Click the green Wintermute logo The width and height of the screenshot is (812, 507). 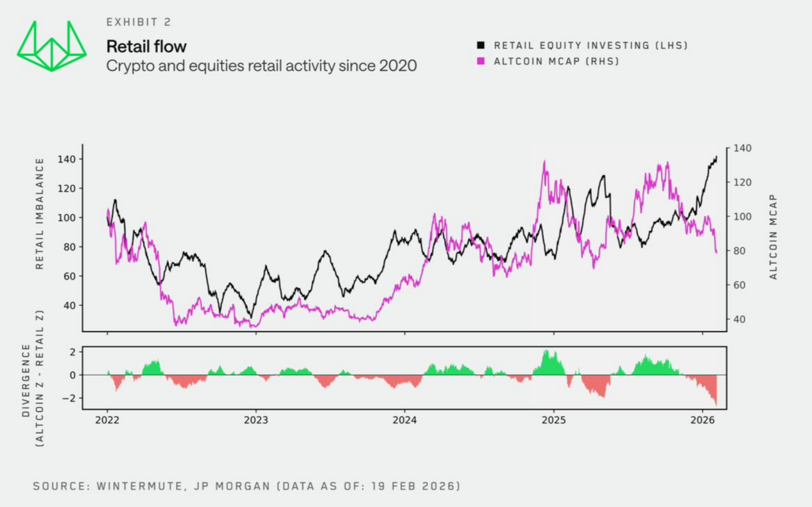tap(52, 46)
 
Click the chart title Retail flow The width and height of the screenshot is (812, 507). tap(146, 46)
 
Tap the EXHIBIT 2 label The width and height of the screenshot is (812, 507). tap(139, 22)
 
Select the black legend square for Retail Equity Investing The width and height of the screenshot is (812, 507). tap(481, 46)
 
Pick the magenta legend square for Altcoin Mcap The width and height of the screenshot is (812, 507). tap(481, 62)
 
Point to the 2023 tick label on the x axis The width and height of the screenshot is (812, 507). tap(255, 421)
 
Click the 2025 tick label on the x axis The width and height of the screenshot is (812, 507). tap(553, 421)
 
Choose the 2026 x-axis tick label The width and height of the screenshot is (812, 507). tap(702, 421)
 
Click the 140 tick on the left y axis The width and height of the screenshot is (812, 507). tap(67, 159)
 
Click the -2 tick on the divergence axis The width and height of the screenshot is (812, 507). tap(68, 399)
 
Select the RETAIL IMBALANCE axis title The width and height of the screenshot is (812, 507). tap(40, 213)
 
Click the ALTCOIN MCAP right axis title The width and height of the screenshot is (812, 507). tap(773, 237)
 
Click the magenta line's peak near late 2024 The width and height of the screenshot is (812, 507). tap(544, 162)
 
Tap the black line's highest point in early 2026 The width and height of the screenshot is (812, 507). tap(716, 156)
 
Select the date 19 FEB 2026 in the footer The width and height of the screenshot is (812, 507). tap(411, 486)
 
